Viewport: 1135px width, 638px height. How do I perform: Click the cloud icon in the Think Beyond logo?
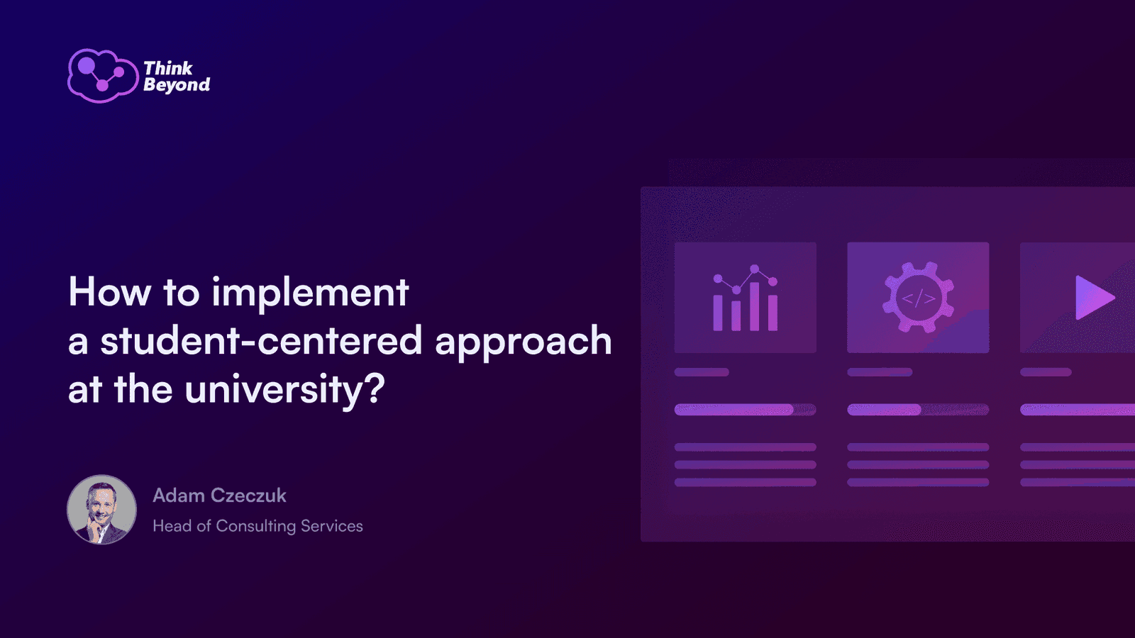point(103,76)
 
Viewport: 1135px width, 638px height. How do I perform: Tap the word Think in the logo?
point(168,68)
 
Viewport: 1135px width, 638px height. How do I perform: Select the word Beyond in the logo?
point(177,85)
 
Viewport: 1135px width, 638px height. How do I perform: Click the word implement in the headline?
point(310,293)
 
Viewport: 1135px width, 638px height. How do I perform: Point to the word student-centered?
point(261,340)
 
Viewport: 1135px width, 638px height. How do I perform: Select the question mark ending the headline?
point(375,388)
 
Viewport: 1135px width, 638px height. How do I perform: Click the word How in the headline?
point(110,292)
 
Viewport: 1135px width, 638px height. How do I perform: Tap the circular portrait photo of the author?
point(102,510)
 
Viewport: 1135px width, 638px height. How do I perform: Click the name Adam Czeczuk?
point(219,496)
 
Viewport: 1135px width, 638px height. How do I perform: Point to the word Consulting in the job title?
point(256,527)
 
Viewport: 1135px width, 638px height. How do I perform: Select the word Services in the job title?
point(332,526)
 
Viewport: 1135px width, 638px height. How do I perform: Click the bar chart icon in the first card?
point(746,298)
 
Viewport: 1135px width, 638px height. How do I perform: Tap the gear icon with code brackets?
point(918,297)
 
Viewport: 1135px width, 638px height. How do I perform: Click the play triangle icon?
point(1095,298)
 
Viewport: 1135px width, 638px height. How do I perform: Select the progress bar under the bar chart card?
point(746,410)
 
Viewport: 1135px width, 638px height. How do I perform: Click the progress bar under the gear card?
point(918,410)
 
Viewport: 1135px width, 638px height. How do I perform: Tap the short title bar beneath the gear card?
point(880,372)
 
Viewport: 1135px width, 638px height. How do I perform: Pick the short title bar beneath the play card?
point(1046,372)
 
